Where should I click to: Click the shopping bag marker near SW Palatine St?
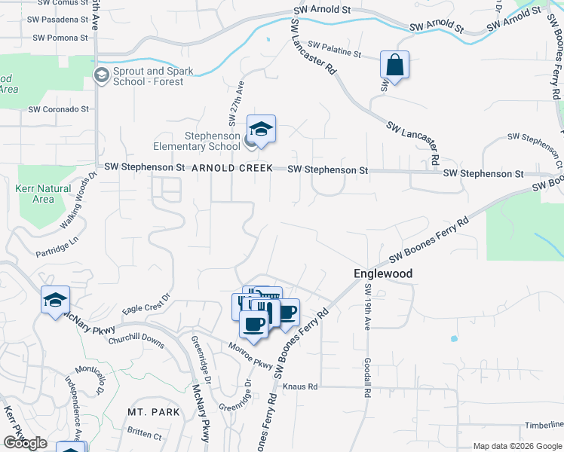click(x=394, y=66)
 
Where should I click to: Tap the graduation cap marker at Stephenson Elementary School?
click(x=261, y=130)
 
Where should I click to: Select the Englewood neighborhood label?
click(x=383, y=274)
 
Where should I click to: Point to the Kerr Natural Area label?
click(x=43, y=194)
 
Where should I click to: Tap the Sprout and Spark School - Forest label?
click(x=148, y=76)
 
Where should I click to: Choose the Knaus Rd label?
click(x=301, y=386)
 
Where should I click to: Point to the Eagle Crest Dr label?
click(x=143, y=308)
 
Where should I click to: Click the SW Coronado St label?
click(x=58, y=109)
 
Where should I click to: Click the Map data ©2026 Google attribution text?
click(x=517, y=446)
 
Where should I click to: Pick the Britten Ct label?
click(x=145, y=435)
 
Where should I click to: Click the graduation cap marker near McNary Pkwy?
click(x=55, y=301)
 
